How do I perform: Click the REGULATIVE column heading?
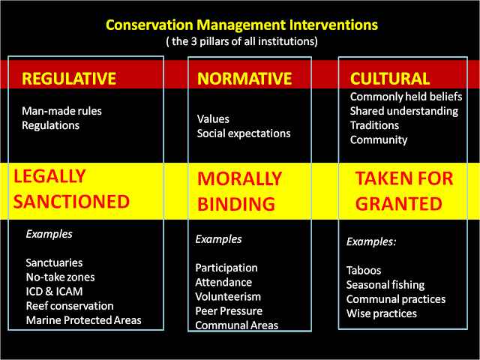tap(69, 78)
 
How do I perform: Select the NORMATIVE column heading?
tap(244, 78)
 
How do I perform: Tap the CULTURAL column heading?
tap(390, 78)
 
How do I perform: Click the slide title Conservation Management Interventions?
tap(241, 25)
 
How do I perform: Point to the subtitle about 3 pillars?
tap(241, 41)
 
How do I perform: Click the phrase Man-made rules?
tap(61, 111)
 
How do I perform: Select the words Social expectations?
tap(244, 133)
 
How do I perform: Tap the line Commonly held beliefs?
tap(406, 97)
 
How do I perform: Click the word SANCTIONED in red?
tap(71, 202)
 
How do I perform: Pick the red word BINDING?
tap(236, 204)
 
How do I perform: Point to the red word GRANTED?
tap(398, 203)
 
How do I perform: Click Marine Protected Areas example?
tap(83, 320)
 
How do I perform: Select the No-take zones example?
tap(60, 277)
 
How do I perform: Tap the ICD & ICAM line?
tap(54, 292)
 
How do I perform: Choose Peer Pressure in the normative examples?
tap(229, 311)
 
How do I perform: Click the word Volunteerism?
tap(228, 297)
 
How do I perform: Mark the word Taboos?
tap(364, 271)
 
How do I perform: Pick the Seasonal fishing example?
tap(385, 285)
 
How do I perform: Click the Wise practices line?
tap(382, 313)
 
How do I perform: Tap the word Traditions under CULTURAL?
tap(374, 125)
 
